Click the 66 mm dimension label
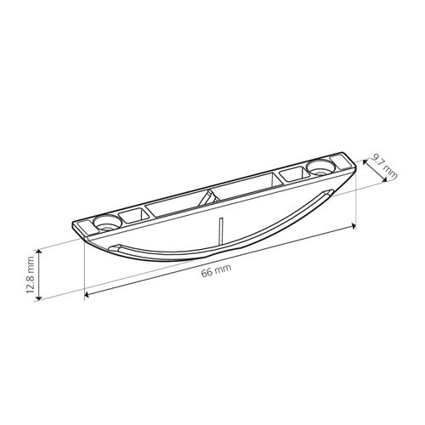click(x=216, y=271)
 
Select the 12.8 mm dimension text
click(x=31, y=275)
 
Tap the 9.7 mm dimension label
click(x=384, y=167)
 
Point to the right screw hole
click(x=320, y=167)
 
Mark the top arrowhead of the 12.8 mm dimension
click(x=39, y=252)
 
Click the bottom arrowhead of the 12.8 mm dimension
click(x=39, y=297)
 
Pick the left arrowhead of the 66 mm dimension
click(x=88, y=295)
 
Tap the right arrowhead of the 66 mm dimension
click(x=354, y=225)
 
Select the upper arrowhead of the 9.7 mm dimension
click(x=365, y=162)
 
